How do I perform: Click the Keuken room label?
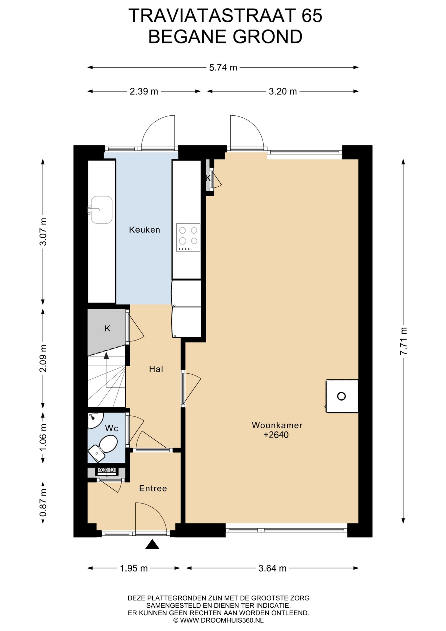(145, 230)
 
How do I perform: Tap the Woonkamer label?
(277, 425)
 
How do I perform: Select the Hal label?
(156, 369)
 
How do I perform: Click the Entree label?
(153, 488)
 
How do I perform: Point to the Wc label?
(112, 428)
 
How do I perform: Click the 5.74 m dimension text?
(223, 68)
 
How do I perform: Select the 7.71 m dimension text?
(403, 341)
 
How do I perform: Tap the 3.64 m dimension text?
(273, 568)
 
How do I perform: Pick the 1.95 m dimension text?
(134, 568)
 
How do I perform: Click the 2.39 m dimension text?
(144, 91)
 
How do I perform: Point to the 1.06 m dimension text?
(43, 437)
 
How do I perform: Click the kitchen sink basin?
(101, 210)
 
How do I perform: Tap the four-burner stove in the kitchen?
(188, 237)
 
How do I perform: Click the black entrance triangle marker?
(152, 545)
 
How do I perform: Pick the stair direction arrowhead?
(106, 355)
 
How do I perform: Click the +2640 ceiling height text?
(276, 435)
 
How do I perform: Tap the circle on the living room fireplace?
(342, 396)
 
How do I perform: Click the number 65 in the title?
(312, 15)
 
